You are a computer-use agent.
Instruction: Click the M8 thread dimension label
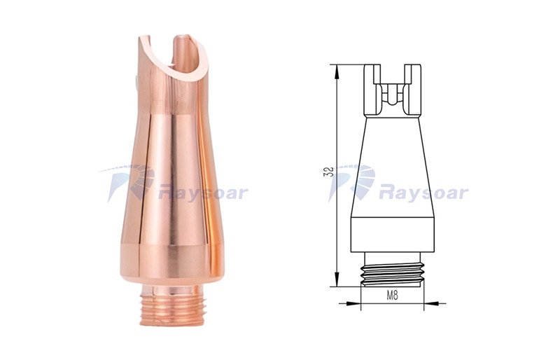392,296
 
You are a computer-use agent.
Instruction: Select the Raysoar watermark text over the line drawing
423,193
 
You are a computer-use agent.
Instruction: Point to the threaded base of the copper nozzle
169,310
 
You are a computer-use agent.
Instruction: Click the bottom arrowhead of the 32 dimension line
337,279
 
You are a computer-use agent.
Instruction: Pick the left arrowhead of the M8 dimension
353,303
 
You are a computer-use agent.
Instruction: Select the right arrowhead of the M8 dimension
431,303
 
